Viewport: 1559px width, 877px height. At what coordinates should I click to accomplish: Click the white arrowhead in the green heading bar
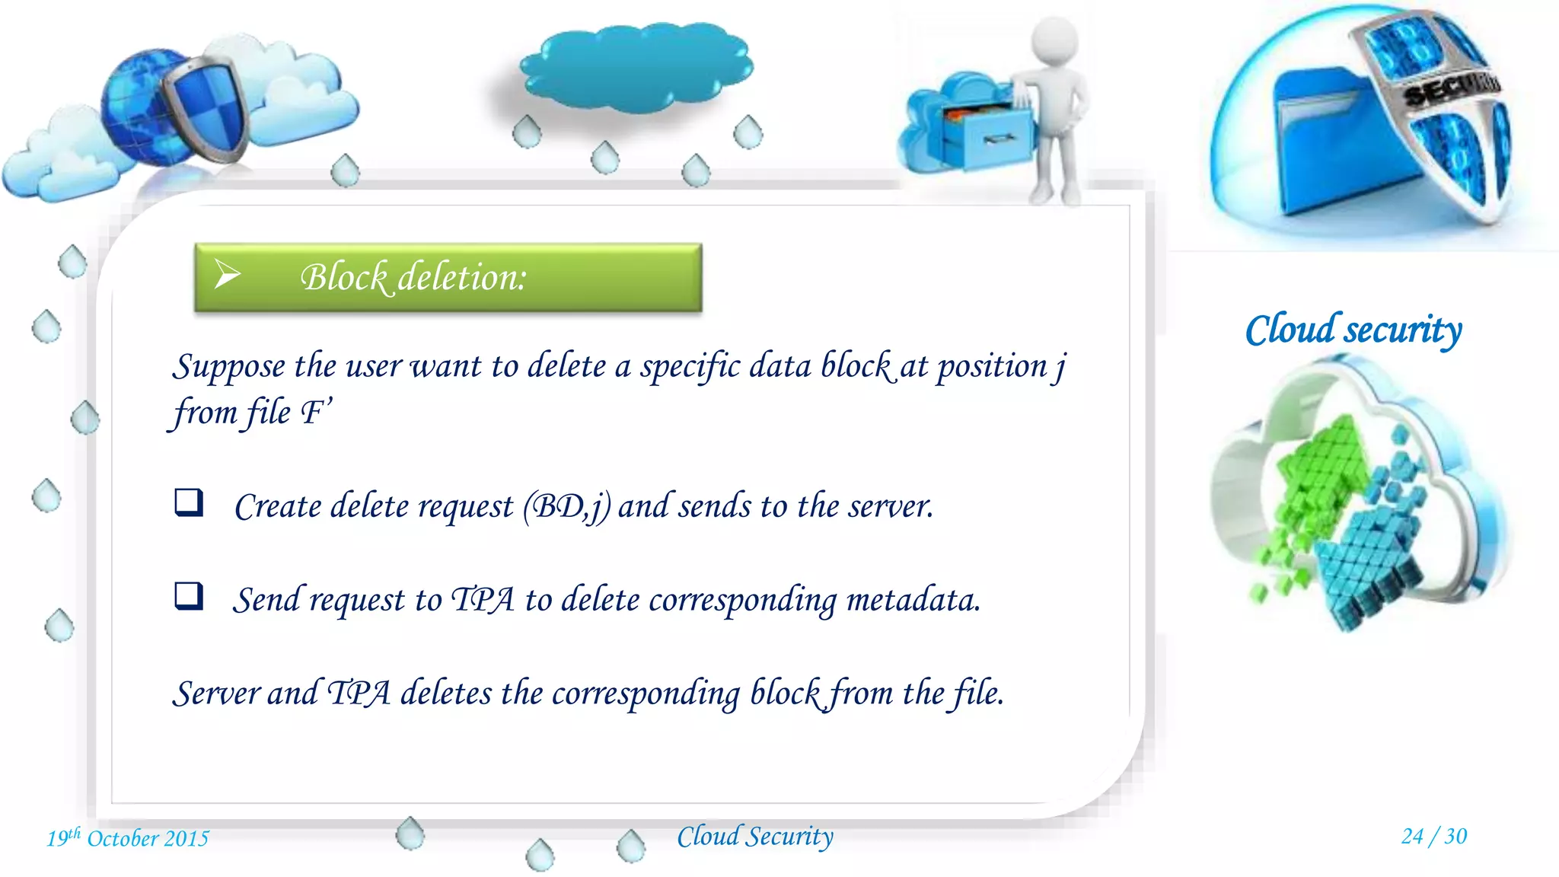pos(227,274)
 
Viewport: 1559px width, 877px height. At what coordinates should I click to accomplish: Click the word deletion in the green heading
pos(462,277)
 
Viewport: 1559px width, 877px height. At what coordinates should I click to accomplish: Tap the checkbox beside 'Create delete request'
pos(189,502)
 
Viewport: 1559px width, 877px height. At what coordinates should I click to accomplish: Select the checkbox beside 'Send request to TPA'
pos(189,596)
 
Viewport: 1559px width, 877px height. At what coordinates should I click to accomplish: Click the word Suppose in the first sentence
pos(229,367)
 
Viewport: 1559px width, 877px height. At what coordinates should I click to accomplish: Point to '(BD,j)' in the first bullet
pos(566,507)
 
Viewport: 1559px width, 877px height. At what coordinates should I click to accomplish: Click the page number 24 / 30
pos(1433,836)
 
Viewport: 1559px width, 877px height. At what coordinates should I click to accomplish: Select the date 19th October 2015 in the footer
pos(128,838)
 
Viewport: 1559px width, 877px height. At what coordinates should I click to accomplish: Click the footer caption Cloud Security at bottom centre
pos(755,837)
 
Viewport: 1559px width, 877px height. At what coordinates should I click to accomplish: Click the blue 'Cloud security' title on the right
pos(1353,330)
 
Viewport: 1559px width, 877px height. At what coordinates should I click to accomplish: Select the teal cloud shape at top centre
pos(636,67)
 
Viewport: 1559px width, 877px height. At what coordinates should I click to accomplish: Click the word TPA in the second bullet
pos(483,600)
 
